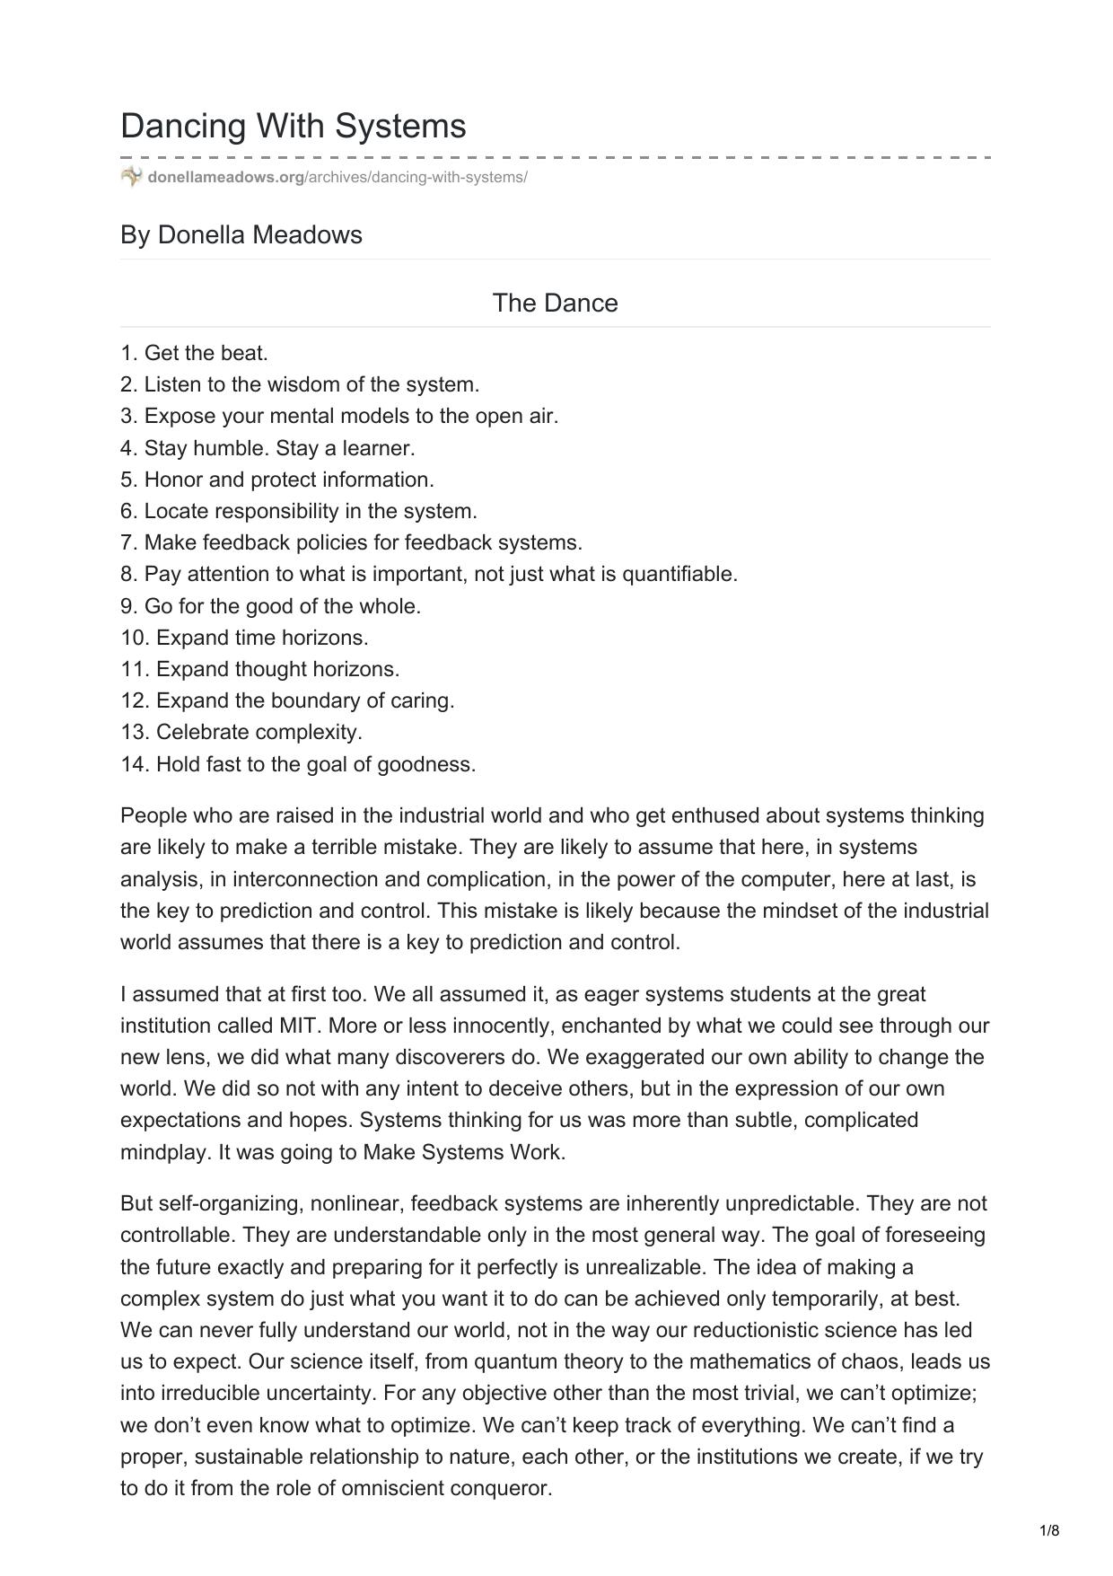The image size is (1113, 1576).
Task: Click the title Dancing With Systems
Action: pos(294,126)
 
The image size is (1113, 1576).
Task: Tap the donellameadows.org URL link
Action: pos(337,177)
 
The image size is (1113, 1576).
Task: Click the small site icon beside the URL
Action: pos(131,176)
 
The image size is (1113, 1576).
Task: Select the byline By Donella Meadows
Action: pos(241,234)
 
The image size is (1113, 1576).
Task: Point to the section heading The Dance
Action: pos(555,303)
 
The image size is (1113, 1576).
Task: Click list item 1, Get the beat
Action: pos(195,353)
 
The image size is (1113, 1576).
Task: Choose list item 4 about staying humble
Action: pos(267,447)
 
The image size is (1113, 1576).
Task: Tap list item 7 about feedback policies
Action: pos(352,542)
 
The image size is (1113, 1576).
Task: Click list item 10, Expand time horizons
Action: pos(245,638)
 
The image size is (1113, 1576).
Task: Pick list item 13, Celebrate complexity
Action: pos(241,732)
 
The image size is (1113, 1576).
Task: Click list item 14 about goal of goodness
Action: pos(299,764)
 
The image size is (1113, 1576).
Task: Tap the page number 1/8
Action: pos(1049,1530)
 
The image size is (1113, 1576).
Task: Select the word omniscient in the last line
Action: pos(381,1488)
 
